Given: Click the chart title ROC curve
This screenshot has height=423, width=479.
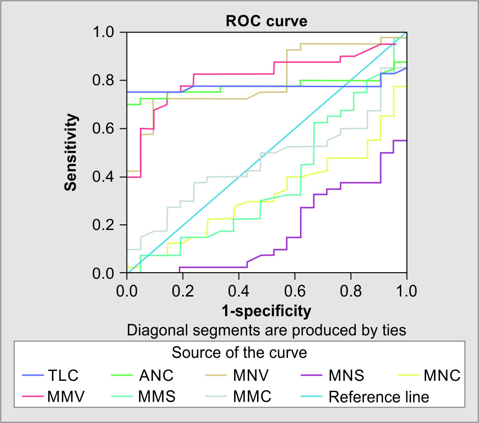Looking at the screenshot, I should (x=266, y=22).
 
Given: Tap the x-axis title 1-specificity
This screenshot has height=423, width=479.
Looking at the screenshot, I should (x=266, y=310).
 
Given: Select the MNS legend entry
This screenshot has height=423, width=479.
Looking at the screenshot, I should (x=346, y=375).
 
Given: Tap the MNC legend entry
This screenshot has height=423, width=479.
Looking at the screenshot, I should (x=442, y=375).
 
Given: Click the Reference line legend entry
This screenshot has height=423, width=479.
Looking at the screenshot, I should (x=378, y=397).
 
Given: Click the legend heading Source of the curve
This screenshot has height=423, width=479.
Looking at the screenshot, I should (x=239, y=352).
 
